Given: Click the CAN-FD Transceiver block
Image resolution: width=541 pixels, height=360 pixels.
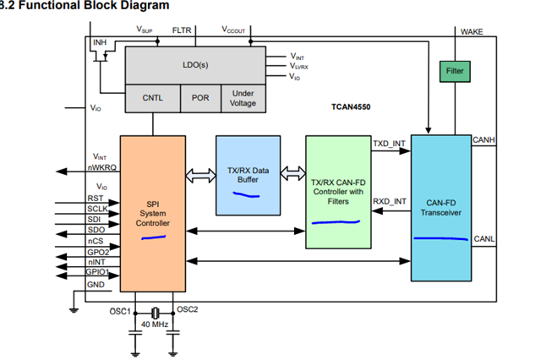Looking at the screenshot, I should (440, 206).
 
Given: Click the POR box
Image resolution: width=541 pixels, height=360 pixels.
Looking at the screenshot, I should (200, 98).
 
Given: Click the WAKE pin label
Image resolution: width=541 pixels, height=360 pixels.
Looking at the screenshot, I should (472, 31).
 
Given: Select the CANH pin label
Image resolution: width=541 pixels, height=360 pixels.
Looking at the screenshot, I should (484, 139).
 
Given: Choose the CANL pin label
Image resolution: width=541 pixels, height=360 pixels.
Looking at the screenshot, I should (484, 239).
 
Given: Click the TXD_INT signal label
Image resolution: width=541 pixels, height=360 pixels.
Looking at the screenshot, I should (389, 144).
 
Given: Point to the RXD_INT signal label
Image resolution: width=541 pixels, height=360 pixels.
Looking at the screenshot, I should (389, 202).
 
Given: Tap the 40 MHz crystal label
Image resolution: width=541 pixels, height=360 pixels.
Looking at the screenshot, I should (154, 325).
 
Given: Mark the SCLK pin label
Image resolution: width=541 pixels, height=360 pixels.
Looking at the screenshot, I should (96, 209).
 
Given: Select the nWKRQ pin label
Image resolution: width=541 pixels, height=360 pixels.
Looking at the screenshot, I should (101, 168).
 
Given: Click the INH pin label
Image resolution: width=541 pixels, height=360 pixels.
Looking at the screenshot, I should (100, 41).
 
